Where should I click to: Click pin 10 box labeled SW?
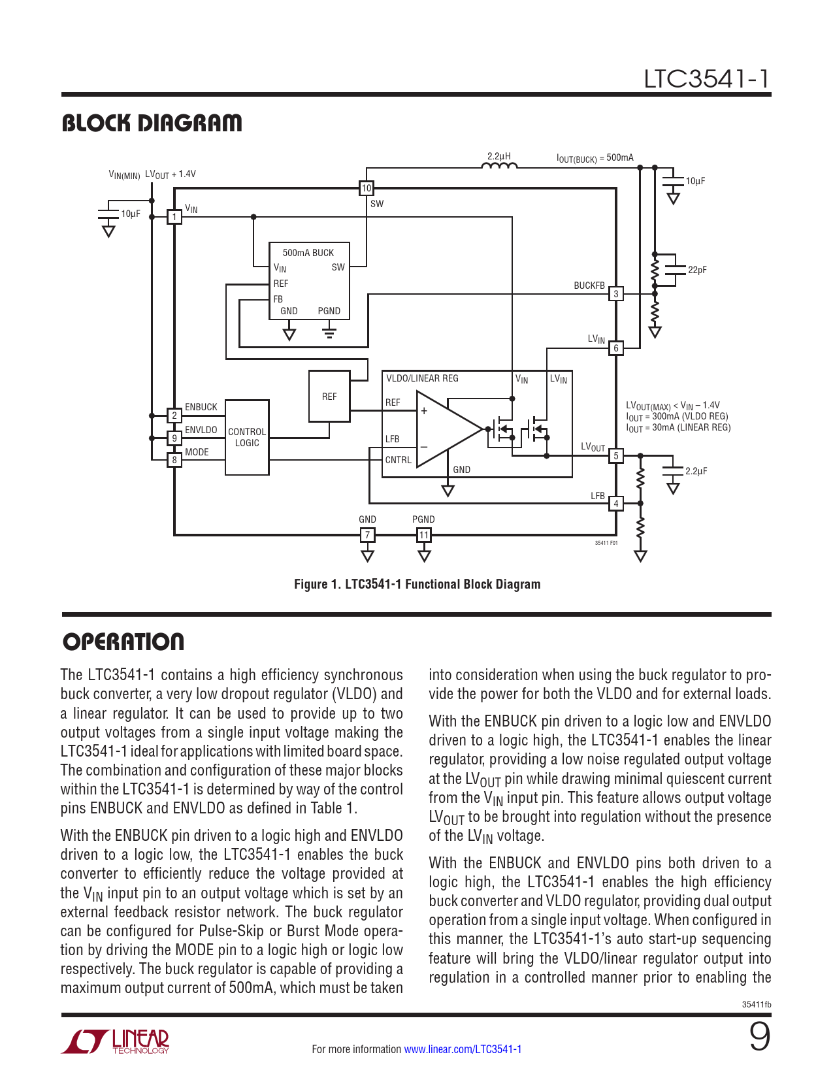[x=367, y=188]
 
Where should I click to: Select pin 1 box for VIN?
[x=174, y=217]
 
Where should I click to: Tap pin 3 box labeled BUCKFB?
[x=616, y=294]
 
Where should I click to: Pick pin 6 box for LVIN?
[x=616, y=348]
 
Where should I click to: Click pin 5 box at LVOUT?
[x=616, y=455]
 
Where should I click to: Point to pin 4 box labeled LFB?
[x=616, y=504]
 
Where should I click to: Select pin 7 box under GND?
[x=368, y=535]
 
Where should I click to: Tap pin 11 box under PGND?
[x=424, y=535]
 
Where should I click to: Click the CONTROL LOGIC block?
[x=247, y=437]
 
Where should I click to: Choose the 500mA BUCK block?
[x=310, y=281]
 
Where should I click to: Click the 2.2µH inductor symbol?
[x=499, y=166]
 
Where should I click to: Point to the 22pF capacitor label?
[x=697, y=270]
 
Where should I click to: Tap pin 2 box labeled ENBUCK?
[x=174, y=416]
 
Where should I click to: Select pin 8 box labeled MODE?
[x=174, y=460]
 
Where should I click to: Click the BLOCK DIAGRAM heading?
[x=152, y=123]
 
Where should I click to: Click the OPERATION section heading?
[x=123, y=642]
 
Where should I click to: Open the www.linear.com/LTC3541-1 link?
[x=463, y=1049]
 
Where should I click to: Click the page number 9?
[x=759, y=1037]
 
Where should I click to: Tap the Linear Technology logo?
[x=116, y=1041]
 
